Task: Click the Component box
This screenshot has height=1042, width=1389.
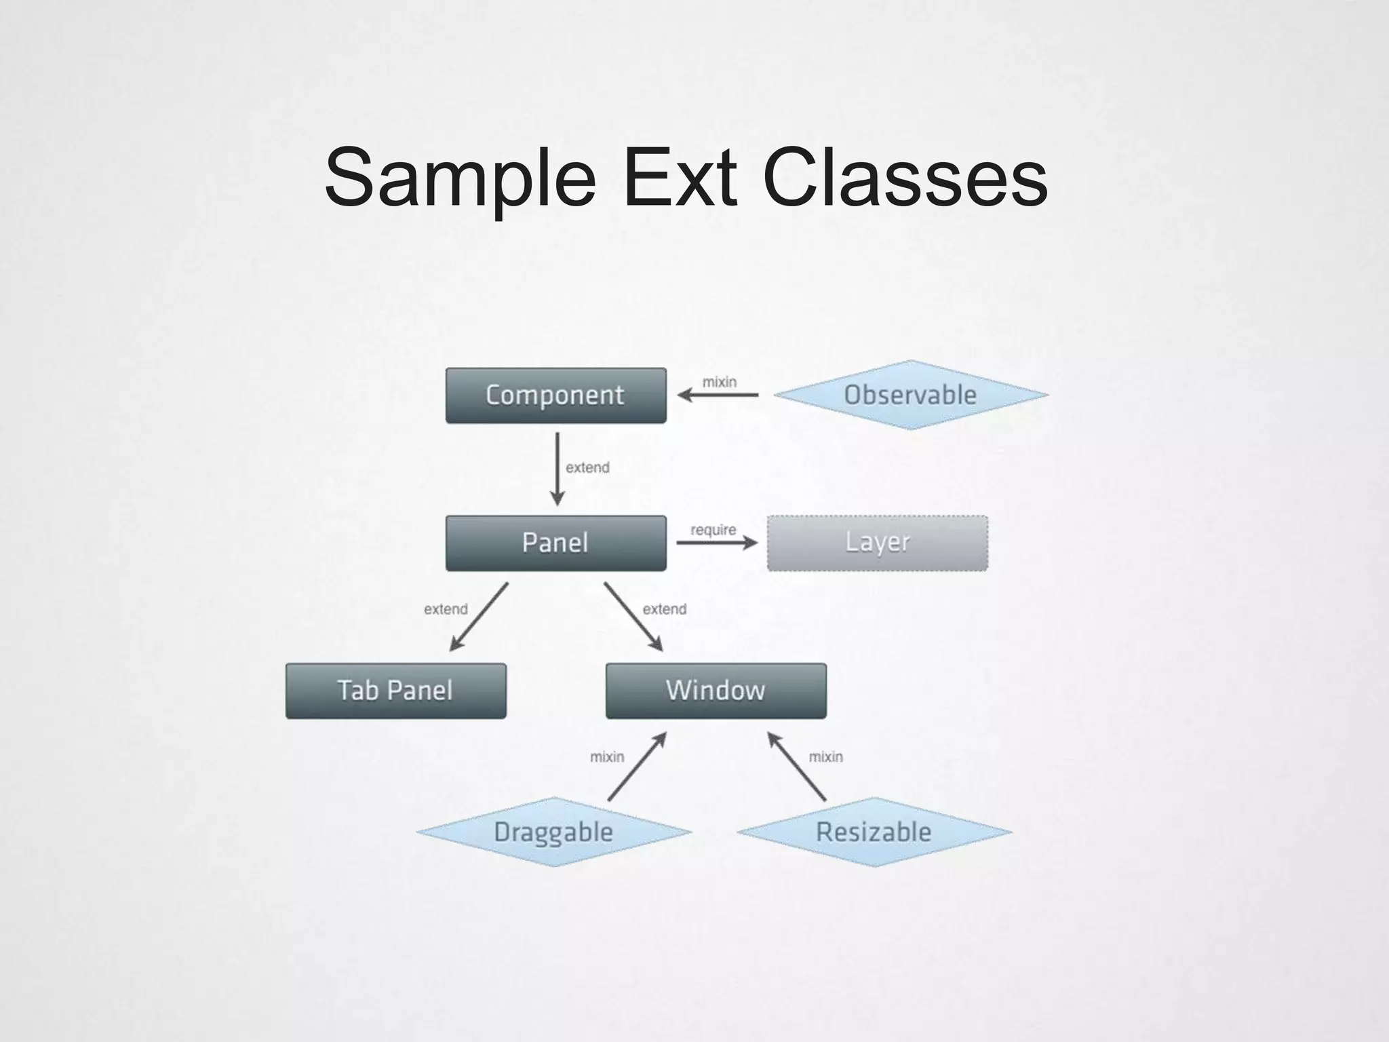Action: click(555, 395)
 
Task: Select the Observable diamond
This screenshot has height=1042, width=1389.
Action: click(910, 395)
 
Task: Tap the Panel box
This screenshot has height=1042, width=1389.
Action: click(555, 543)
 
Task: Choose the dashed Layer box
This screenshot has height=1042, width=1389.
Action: click(877, 543)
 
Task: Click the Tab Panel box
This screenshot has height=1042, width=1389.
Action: click(395, 691)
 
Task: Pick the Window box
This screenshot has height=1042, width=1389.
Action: click(716, 691)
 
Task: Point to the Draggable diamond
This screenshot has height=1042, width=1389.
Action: click(553, 832)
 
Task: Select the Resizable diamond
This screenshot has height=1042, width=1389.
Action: click(874, 832)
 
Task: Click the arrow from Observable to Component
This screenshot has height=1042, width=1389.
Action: click(718, 395)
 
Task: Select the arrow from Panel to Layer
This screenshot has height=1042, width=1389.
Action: click(716, 542)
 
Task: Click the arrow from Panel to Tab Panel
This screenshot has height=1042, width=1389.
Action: click(479, 617)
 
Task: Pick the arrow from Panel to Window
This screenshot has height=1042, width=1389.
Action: click(633, 616)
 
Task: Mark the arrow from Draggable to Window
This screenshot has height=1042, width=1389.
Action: click(637, 767)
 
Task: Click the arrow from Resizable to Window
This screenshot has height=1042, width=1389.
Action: click(796, 767)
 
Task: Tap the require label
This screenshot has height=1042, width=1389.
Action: click(713, 530)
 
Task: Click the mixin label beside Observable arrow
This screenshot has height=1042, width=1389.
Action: click(719, 382)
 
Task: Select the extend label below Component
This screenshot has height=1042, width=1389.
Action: click(587, 467)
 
